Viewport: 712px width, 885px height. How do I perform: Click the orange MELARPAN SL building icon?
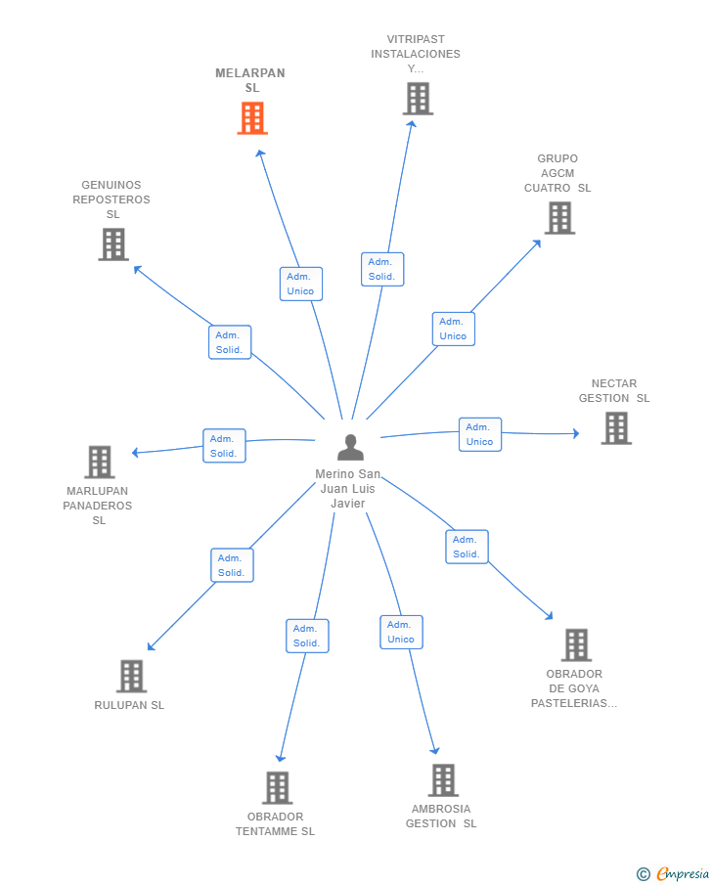click(x=252, y=118)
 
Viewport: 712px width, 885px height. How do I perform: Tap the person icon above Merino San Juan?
click(x=351, y=447)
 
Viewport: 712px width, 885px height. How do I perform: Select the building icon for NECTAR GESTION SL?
click(x=616, y=427)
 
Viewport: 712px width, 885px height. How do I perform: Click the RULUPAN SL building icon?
click(x=132, y=676)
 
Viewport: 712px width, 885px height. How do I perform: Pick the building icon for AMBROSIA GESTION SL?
click(x=443, y=780)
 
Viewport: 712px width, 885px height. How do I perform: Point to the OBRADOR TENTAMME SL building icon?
click(x=277, y=787)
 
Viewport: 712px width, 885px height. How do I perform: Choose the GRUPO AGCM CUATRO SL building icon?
click(x=559, y=218)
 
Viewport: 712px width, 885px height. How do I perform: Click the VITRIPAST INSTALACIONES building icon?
click(x=418, y=99)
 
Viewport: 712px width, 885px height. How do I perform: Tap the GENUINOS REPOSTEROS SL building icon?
click(x=113, y=244)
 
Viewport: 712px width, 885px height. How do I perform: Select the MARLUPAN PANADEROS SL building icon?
click(x=100, y=462)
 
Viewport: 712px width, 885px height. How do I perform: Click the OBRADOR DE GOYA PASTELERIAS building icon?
click(x=576, y=644)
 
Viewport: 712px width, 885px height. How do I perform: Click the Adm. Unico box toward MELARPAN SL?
click(x=301, y=284)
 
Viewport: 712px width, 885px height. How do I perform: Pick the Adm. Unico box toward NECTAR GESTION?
click(x=480, y=434)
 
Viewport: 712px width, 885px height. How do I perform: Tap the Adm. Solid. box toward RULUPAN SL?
click(x=232, y=565)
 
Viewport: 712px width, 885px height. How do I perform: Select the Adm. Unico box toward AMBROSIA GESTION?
click(x=401, y=632)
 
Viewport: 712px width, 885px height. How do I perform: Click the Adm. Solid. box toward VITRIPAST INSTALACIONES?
click(x=382, y=269)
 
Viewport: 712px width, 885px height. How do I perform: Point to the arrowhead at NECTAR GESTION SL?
click(x=576, y=433)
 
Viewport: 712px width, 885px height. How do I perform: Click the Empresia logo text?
click(x=683, y=873)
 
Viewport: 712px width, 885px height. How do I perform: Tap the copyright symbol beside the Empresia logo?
click(x=644, y=874)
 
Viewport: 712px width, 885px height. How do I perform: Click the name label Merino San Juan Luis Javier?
click(x=348, y=488)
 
